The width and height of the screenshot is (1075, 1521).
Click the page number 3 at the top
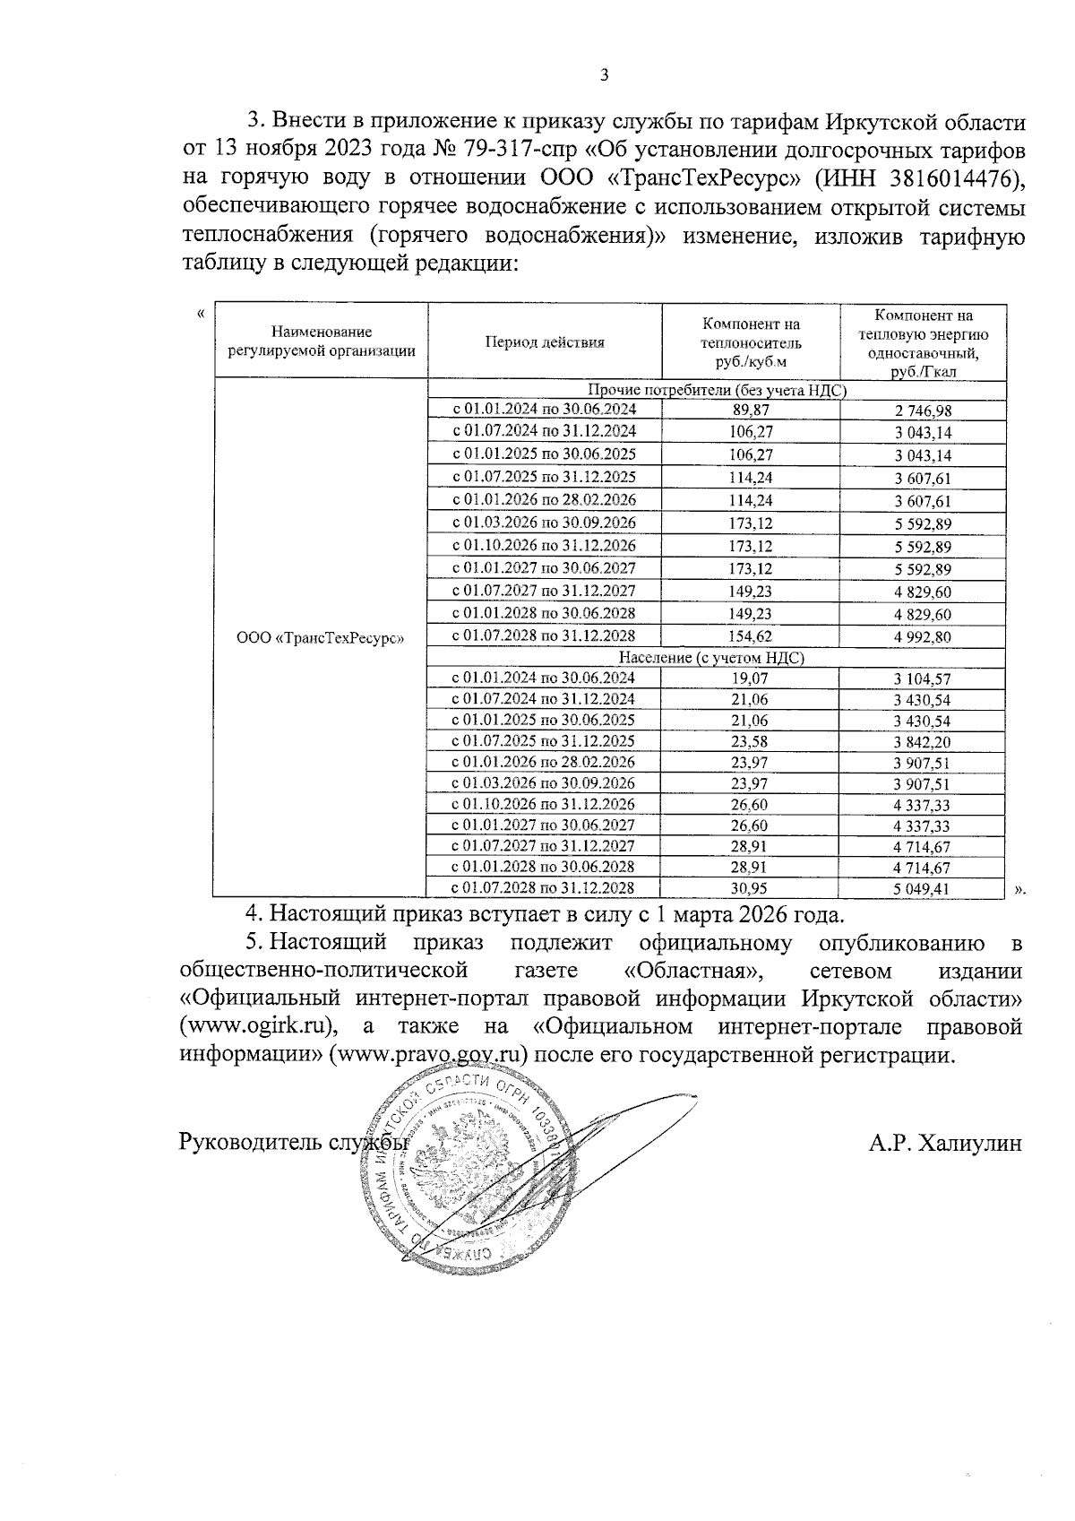[x=603, y=75]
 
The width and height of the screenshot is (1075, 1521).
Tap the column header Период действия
[x=545, y=341]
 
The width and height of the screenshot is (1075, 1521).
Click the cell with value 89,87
[x=751, y=410]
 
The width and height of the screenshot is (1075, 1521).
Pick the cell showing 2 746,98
[x=922, y=410]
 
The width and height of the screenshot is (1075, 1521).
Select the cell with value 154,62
[x=751, y=636]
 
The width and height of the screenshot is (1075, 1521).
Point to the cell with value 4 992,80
[x=922, y=637]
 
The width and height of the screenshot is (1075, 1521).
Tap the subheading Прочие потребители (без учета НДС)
[x=718, y=390]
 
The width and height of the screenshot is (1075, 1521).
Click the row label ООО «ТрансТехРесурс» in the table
[x=321, y=638]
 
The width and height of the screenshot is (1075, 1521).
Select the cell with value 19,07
[x=751, y=678]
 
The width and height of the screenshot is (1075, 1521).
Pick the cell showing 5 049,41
[x=922, y=889]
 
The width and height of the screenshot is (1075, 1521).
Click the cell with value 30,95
[x=751, y=888]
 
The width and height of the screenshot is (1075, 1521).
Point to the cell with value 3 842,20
[x=922, y=742]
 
